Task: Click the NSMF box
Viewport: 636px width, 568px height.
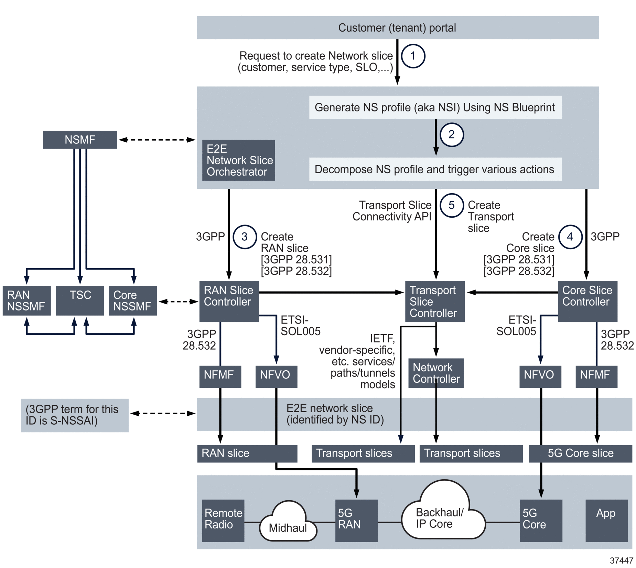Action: (x=80, y=140)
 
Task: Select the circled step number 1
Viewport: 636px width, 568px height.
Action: (x=413, y=56)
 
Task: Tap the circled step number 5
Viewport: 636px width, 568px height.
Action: (x=451, y=205)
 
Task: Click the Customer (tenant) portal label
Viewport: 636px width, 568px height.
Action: (x=397, y=28)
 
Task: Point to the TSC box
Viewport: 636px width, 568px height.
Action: (x=80, y=300)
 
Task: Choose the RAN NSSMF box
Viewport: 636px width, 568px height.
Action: (x=26, y=300)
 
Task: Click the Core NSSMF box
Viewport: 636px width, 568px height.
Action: (x=133, y=300)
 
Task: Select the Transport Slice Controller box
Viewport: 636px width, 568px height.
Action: (x=434, y=301)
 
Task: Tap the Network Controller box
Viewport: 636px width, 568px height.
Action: (x=435, y=373)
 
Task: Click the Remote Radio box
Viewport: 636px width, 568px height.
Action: (x=223, y=520)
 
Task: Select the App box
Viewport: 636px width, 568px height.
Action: (x=606, y=520)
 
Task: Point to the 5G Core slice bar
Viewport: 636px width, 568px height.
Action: (x=580, y=453)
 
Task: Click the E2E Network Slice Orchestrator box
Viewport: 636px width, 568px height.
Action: (x=238, y=160)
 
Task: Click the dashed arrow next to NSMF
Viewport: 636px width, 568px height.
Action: (x=157, y=140)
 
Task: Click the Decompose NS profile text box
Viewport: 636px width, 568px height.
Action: (x=435, y=169)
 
